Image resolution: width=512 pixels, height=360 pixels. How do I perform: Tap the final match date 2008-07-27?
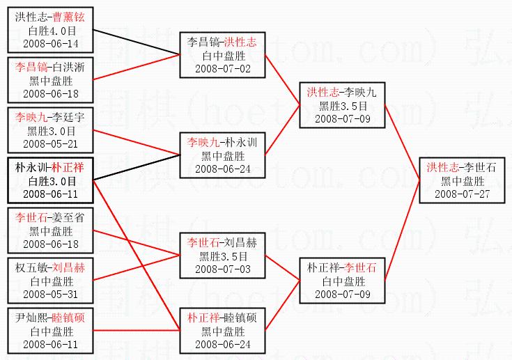click(461, 193)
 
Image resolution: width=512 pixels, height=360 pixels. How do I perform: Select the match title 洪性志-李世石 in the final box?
click(461, 167)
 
